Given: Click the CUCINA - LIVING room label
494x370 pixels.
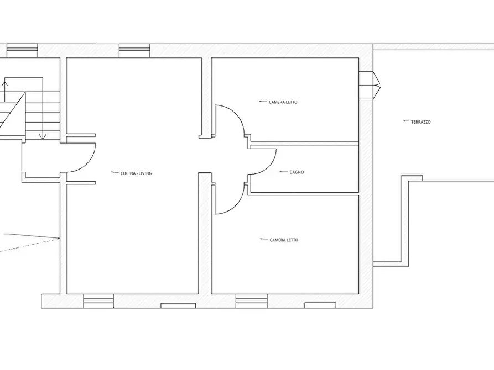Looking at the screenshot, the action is [x=136, y=173].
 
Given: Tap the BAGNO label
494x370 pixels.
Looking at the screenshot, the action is [x=297, y=172].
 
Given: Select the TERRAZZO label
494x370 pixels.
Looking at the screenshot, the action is [x=421, y=122].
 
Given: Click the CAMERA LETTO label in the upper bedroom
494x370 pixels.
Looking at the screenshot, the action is [x=283, y=102].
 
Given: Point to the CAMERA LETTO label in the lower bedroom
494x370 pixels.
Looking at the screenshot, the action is [x=284, y=240].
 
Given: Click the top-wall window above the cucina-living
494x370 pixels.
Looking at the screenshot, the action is [x=134, y=51].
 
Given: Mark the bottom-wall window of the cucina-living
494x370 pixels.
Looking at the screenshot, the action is [x=98, y=301].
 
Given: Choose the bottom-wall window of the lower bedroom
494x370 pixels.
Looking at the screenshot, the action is [x=252, y=301].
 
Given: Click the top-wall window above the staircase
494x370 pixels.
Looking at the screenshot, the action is [x=22, y=51].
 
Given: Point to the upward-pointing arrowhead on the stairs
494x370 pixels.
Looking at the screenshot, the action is [x=4, y=84].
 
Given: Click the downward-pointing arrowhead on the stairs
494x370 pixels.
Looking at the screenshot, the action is [x=43, y=136].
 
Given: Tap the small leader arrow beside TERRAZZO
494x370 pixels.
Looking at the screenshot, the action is [x=406, y=121].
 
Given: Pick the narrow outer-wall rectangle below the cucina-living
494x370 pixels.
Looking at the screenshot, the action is [x=178, y=305].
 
